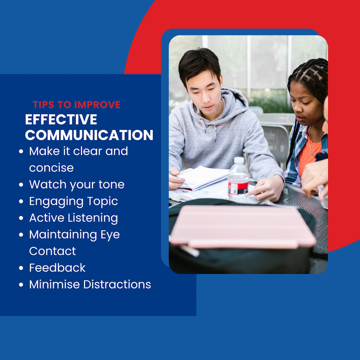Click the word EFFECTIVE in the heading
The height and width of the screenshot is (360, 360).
61,120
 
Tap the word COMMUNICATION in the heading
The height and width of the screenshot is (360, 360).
89,135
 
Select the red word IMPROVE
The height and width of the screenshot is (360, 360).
97,105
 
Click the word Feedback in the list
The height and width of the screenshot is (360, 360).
57,268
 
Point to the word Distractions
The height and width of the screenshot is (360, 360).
117,284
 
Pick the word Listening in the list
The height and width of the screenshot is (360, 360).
93,218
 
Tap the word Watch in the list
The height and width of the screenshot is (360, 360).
48,184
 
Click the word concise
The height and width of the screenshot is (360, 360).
51,168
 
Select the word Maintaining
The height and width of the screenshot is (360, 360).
63,235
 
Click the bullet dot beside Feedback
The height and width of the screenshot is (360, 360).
21,268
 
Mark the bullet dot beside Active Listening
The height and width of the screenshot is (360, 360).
21,218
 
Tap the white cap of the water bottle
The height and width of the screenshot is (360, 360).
239,160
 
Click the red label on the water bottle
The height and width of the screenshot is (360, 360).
239,187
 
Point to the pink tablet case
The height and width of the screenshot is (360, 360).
243,227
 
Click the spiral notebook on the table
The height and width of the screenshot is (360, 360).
203,177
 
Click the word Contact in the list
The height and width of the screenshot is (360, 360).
53,251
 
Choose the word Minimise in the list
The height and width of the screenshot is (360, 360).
55,284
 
